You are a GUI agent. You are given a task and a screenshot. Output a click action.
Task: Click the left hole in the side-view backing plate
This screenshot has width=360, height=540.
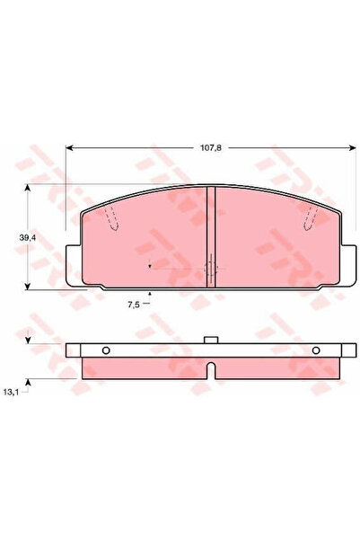105,351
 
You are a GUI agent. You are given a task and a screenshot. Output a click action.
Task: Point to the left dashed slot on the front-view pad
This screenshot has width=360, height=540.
111,219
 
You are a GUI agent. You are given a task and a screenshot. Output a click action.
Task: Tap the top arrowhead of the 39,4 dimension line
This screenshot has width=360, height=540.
30,188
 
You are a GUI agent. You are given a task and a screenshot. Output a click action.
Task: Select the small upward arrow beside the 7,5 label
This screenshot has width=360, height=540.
150,295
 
